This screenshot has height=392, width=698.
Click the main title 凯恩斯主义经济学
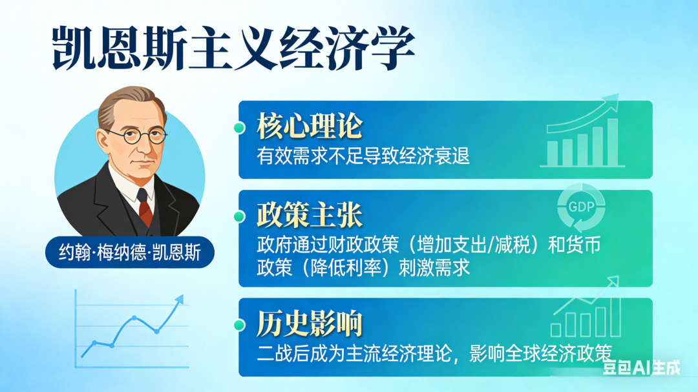click(x=233, y=48)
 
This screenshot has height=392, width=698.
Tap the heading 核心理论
click(x=309, y=127)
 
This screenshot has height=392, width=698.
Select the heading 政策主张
click(x=309, y=216)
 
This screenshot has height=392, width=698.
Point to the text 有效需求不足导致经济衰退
click(x=363, y=156)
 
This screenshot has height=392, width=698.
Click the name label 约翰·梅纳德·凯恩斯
click(x=129, y=253)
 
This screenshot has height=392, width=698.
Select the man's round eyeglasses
click(x=136, y=135)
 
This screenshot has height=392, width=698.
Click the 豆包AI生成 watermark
click(x=641, y=369)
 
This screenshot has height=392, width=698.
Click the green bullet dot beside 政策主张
click(x=239, y=216)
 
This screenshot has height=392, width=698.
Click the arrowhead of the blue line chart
click(x=179, y=300)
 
